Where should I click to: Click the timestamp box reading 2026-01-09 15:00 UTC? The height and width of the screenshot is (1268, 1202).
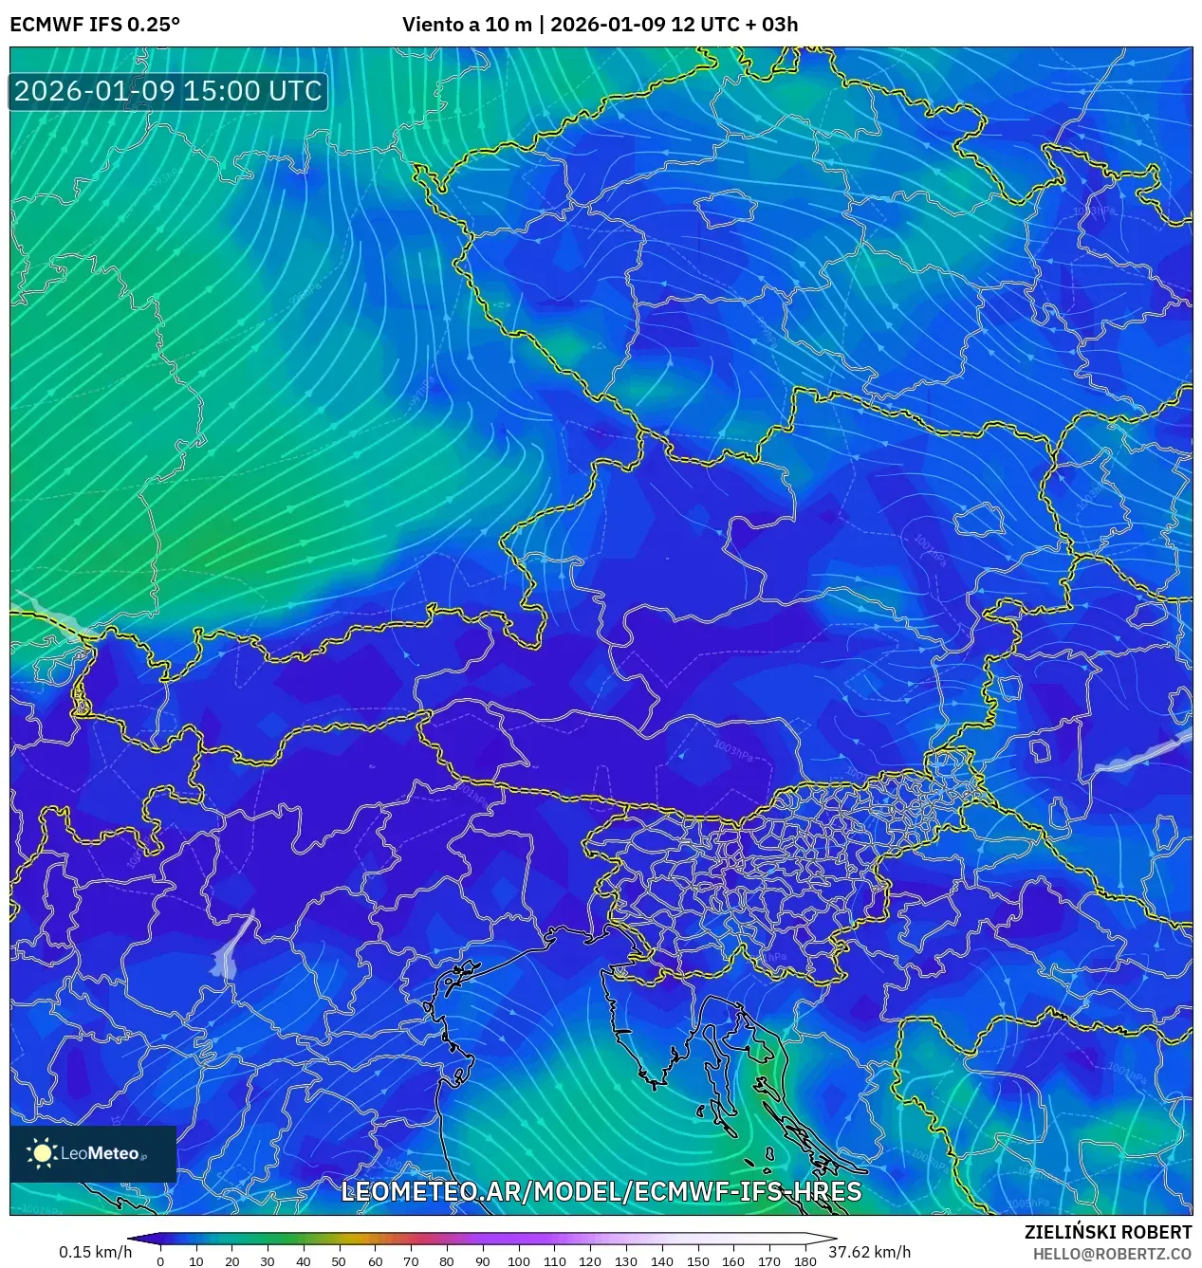click(168, 91)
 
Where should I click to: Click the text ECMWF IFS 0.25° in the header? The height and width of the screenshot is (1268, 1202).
click(95, 24)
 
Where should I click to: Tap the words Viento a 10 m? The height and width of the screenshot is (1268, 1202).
click(467, 24)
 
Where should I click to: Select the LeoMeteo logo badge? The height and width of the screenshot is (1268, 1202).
click(93, 1153)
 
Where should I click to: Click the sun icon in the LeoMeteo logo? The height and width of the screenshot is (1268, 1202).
click(42, 1152)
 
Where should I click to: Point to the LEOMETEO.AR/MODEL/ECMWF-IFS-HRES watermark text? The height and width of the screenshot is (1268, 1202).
click(601, 1191)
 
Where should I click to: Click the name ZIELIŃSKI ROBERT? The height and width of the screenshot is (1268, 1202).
click(1107, 1232)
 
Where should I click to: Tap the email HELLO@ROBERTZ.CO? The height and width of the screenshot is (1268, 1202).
click(1112, 1254)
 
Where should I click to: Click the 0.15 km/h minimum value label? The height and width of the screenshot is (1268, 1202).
click(95, 1252)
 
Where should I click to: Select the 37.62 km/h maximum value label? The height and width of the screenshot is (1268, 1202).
click(869, 1252)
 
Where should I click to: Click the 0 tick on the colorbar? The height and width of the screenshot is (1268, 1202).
click(160, 1261)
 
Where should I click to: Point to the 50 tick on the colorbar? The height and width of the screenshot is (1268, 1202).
click(339, 1261)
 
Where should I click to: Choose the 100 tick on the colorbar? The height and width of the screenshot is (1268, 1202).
click(518, 1261)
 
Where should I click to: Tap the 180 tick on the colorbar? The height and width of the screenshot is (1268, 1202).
click(804, 1261)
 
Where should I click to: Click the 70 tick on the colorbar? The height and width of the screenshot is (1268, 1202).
click(411, 1261)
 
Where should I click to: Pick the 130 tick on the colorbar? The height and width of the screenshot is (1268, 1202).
click(625, 1261)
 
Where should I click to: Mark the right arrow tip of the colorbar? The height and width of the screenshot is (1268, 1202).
click(834, 1238)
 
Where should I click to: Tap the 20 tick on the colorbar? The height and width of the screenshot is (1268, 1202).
click(231, 1261)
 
